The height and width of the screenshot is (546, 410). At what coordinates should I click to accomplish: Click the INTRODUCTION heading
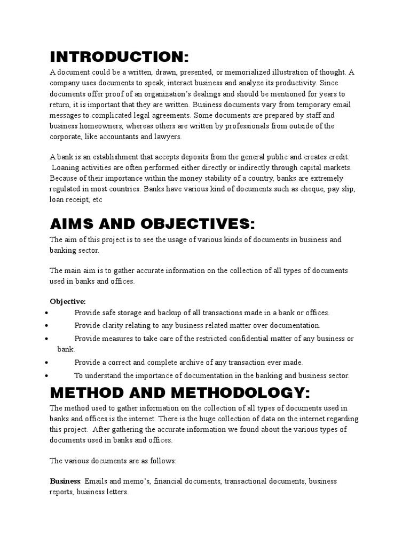coord(120,57)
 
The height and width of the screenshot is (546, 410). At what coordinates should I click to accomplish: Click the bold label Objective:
coord(68,301)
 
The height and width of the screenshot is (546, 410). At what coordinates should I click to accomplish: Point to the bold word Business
coord(65,481)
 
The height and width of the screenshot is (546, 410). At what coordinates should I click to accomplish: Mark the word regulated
coord(66,189)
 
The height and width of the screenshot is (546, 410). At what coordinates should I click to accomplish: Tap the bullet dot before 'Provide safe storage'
coord(48,313)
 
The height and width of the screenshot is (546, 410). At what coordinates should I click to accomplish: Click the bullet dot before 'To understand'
coord(48,376)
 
